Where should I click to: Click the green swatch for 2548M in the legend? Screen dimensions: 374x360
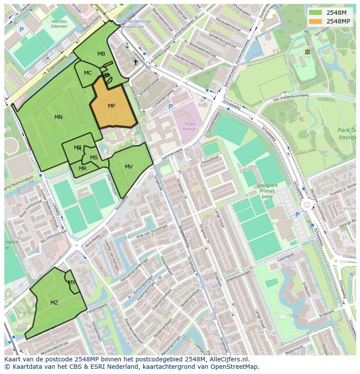click(315, 13)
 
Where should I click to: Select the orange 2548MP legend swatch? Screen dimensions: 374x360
click(315, 21)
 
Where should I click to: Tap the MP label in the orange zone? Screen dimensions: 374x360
click(111, 106)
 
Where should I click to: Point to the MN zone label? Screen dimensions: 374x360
click(58, 117)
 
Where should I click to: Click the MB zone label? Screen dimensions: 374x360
click(101, 54)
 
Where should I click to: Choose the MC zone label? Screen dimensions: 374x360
click(88, 73)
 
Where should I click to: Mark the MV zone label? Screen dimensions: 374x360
click(129, 167)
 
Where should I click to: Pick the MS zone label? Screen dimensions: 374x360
click(94, 158)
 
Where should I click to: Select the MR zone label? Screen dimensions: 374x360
click(83, 169)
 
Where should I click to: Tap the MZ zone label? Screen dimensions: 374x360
click(54, 303)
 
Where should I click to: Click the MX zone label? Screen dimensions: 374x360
click(72, 282)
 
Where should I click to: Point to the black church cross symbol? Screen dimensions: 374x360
click(135, 62)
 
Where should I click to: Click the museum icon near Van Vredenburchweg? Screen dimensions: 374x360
click(307, 52)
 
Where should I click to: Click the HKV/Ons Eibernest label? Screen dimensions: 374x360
click(59, 23)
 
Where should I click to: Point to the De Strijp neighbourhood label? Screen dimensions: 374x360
click(267, 332)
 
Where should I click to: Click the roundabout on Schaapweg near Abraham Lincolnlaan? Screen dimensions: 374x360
click(307, 204)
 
